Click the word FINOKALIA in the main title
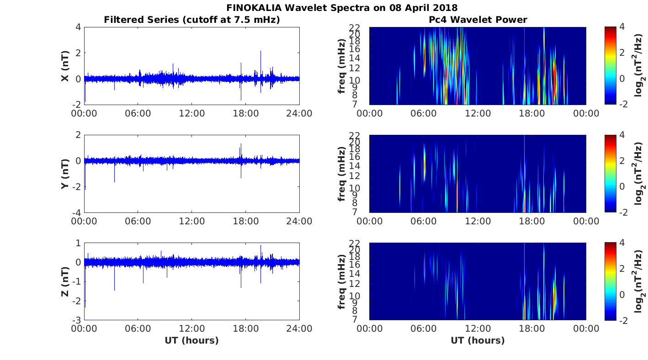coord(254,8)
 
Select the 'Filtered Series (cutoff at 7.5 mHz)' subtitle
coord(192,20)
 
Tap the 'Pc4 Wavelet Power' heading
coord(478,20)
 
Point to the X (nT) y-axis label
coord(65,66)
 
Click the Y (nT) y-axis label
coord(65,174)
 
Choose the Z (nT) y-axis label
coord(65,281)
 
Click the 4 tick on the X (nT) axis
coord(78,27)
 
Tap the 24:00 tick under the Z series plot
coord(299,328)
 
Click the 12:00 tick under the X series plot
coord(191,113)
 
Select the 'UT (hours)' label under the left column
coord(191,340)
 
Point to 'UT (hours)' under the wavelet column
coord(478,340)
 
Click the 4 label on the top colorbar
coord(621,27)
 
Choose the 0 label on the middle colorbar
coord(621,186)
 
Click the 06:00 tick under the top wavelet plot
coord(424,113)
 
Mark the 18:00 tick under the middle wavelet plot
coord(532,221)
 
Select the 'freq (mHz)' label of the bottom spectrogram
coord(342,281)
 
